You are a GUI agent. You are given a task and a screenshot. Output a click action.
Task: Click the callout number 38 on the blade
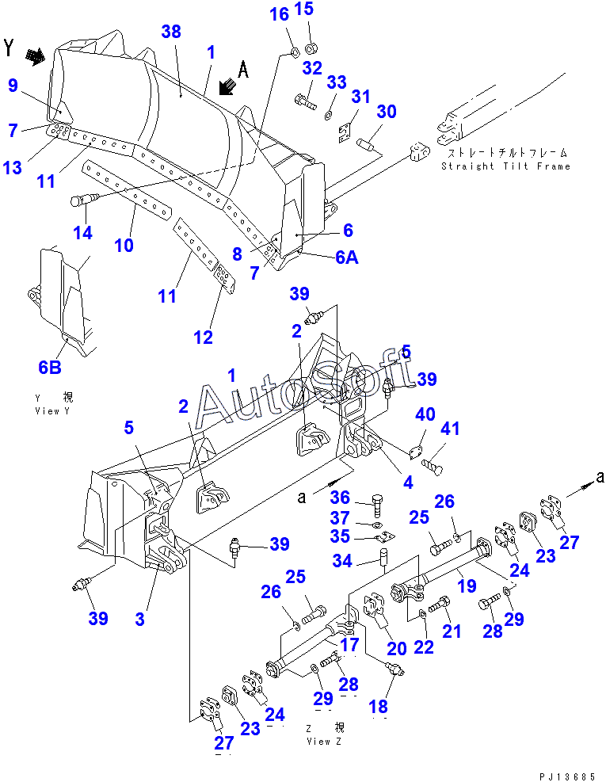coord(171,32)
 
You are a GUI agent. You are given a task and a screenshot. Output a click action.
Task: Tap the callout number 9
coord(13,86)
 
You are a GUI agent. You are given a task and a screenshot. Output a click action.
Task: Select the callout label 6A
coord(347,257)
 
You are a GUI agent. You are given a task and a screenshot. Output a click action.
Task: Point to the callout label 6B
coord(50,368)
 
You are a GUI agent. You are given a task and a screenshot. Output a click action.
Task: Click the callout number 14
coord(83,232)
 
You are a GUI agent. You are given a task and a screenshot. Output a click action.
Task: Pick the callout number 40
coord(425,414)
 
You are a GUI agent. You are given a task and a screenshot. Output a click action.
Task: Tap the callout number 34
coord(342,561)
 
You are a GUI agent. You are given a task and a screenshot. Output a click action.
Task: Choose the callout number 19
coord(467,586)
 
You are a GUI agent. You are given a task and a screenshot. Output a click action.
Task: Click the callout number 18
coord(378,707)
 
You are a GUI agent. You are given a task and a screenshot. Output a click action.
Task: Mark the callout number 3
coord(140,620)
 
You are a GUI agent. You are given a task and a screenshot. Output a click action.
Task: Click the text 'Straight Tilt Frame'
coord(505,166)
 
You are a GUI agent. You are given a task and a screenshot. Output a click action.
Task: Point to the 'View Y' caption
coord(53,411)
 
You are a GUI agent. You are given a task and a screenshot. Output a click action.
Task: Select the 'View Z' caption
coord(324,742)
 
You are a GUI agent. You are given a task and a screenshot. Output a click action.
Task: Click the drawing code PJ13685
coord(568,776)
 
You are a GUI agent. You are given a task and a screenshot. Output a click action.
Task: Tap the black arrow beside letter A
coord(227,87)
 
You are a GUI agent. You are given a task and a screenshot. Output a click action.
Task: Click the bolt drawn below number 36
coord(378,505)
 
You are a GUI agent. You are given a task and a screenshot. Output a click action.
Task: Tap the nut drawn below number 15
coord(312,48)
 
